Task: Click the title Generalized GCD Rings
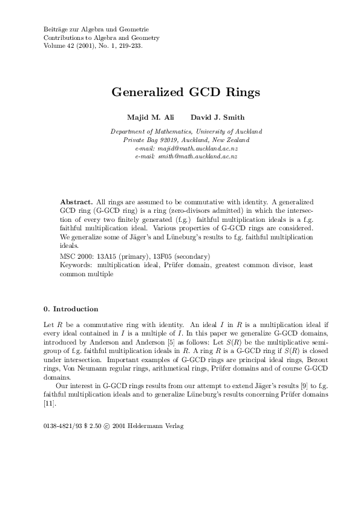pyautogui.click(x=185, y=93)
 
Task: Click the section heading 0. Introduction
pyautogui.click(x=71, y=309)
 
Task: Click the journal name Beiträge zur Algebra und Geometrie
pyautogui.click(x=96, y=29)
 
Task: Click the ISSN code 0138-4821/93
pyautogui.click(x=62, y=426)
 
